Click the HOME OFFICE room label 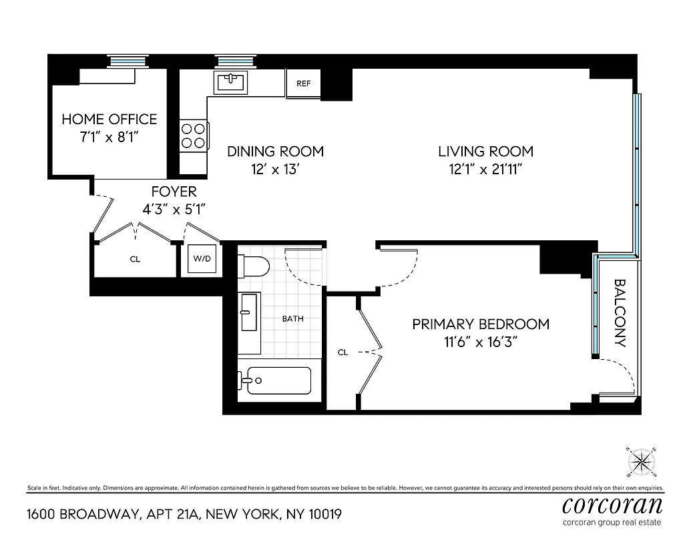(x=109, y=119)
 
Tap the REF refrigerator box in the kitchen (x=303, y=84)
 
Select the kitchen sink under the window (x=231, y=83)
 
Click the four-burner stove (x=194, y=136)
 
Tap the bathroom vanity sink (x=249, y=312)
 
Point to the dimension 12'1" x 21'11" (x=485, y=170)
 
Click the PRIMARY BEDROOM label (x=481, y=324)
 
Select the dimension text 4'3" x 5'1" (x=174, y=209)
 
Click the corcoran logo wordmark (x=613, y=504)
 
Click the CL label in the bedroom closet (x=342, y=352)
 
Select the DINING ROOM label (x=275, y=152)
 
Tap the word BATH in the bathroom (x=292, y=318)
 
